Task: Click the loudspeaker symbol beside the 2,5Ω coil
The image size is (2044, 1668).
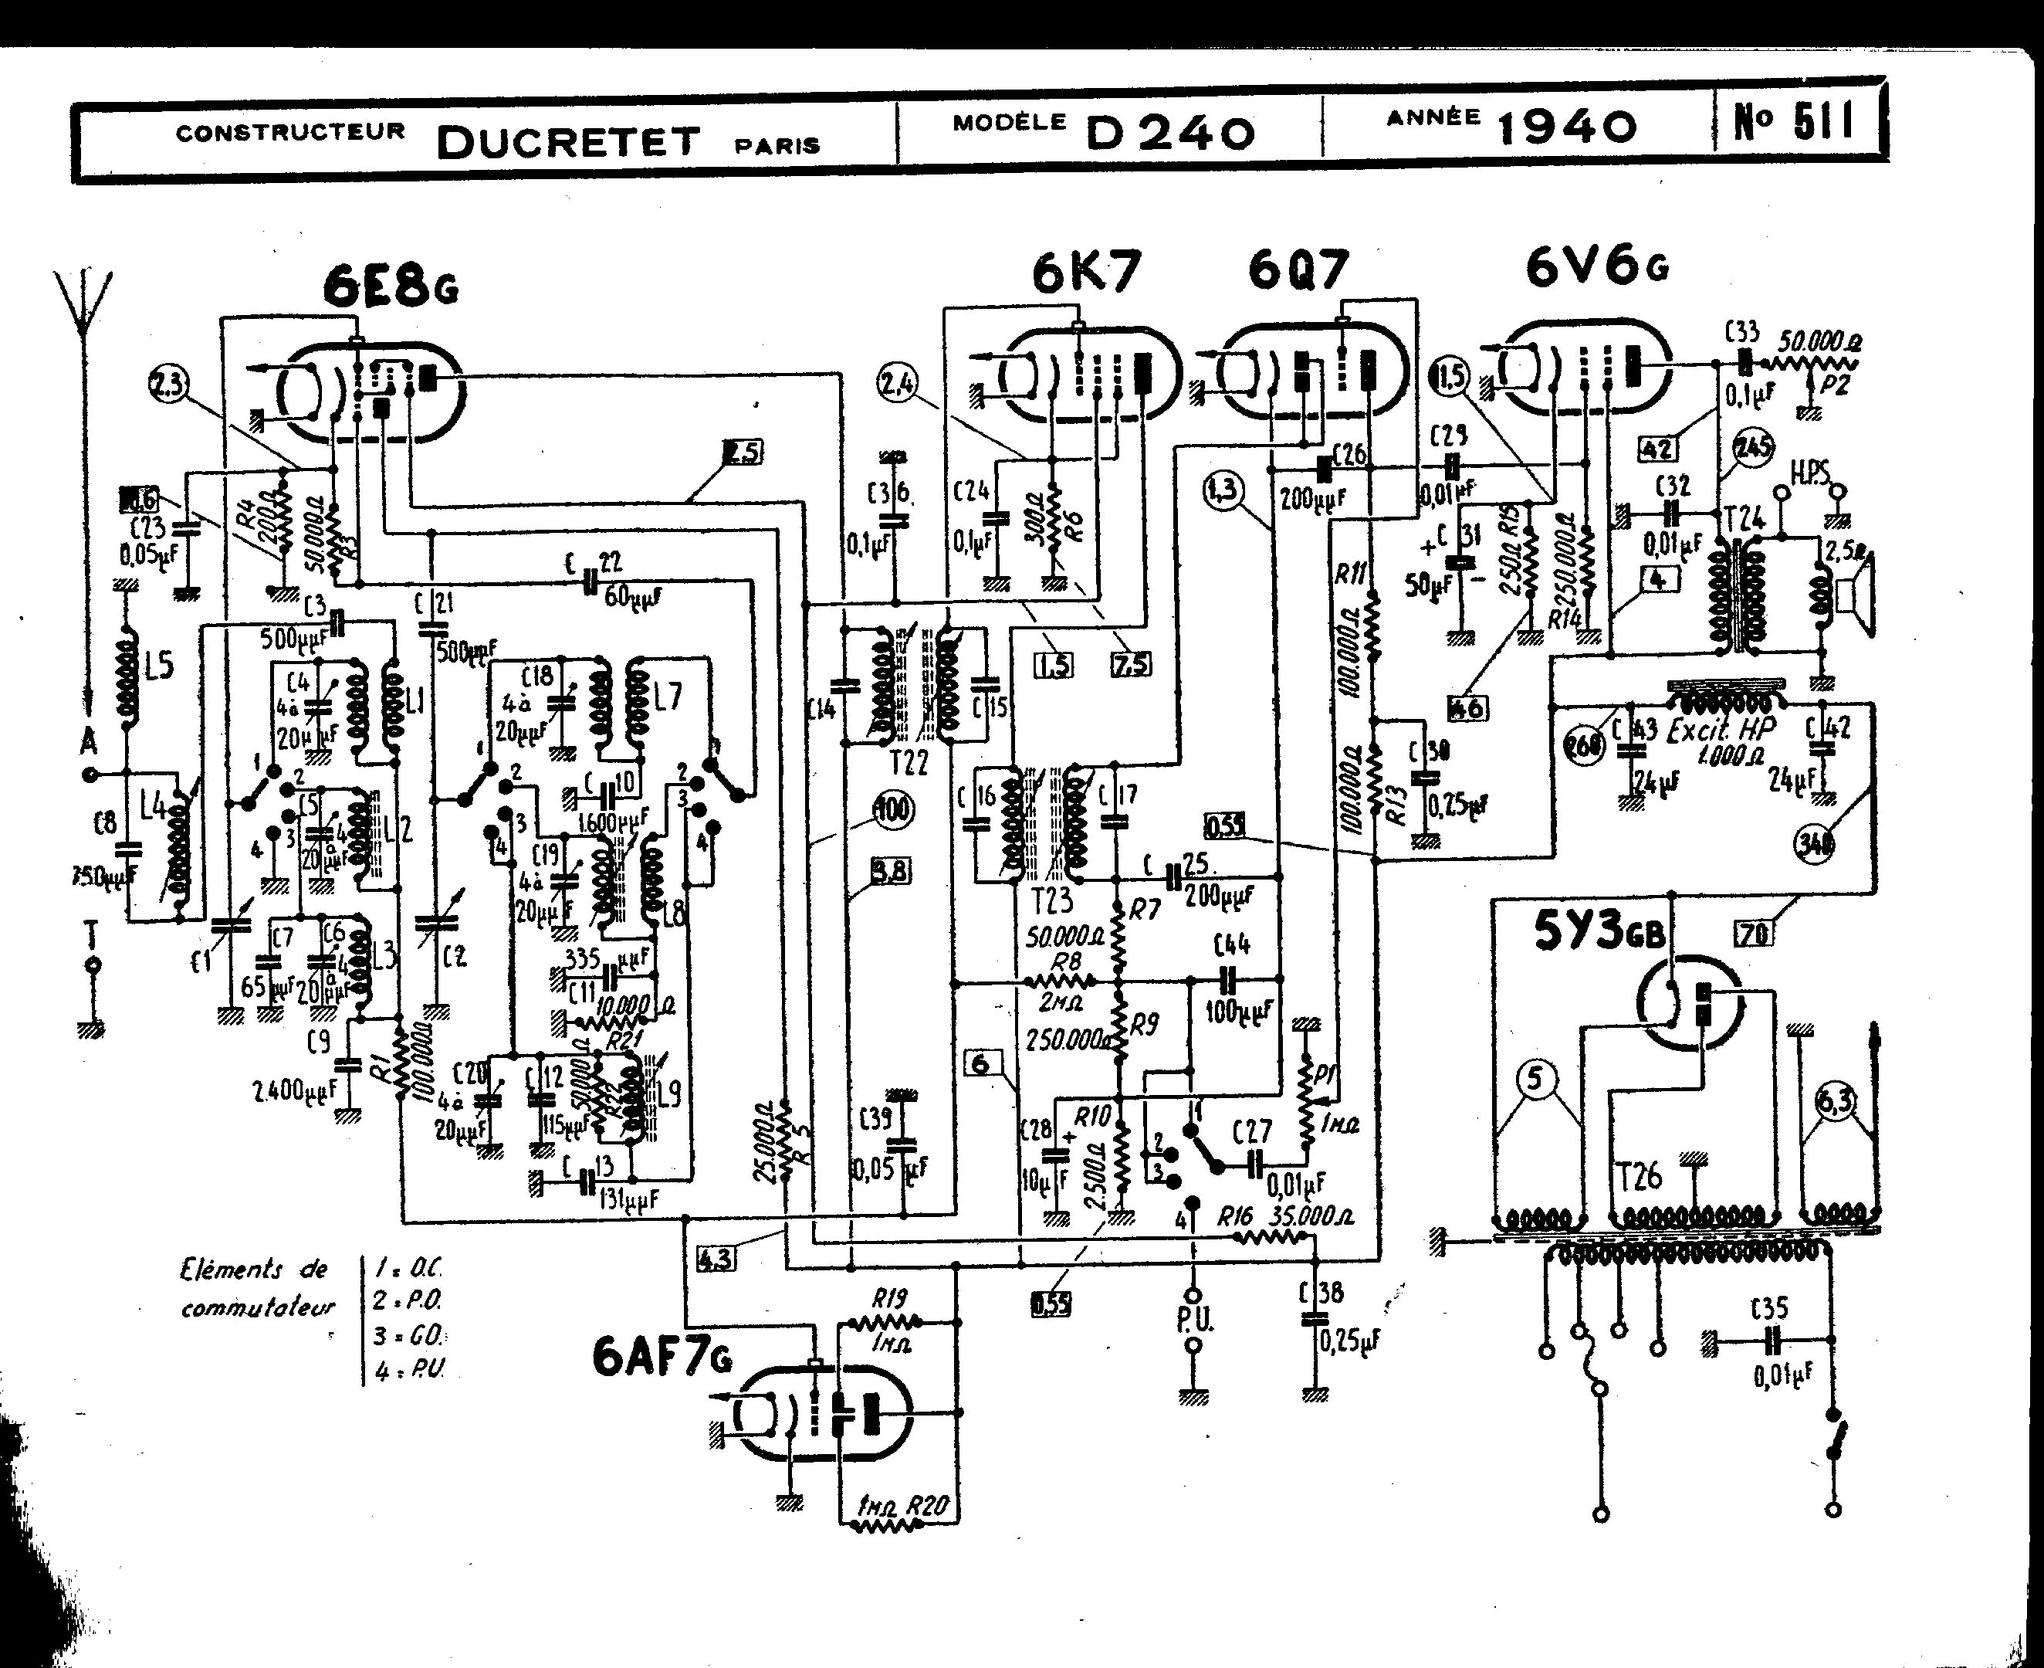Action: pyautogui.click(x=1854, y=597)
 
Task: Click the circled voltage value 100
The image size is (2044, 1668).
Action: pyautogui.click(x=893, y=810)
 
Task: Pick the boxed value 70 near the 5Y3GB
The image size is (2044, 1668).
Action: pyautogui.click(x=1754, y=931)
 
